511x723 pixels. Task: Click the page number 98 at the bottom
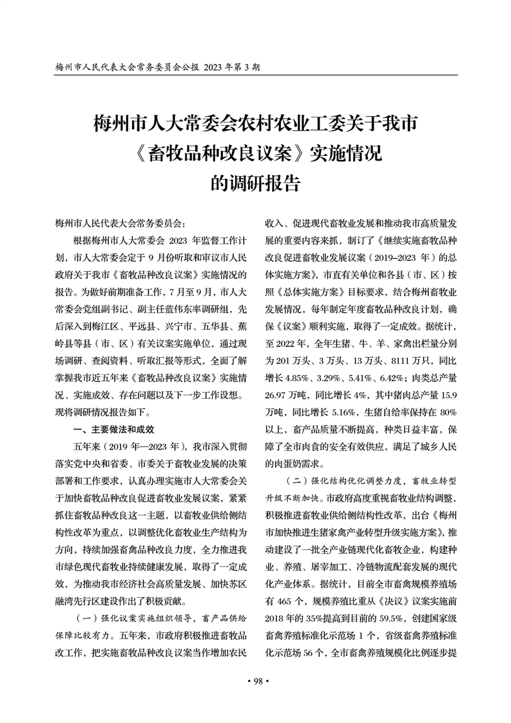click(x=256, y=682)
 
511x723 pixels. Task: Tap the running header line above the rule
click(x=158, y=67)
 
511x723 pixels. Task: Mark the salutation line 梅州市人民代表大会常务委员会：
click(x=121, y=224)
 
